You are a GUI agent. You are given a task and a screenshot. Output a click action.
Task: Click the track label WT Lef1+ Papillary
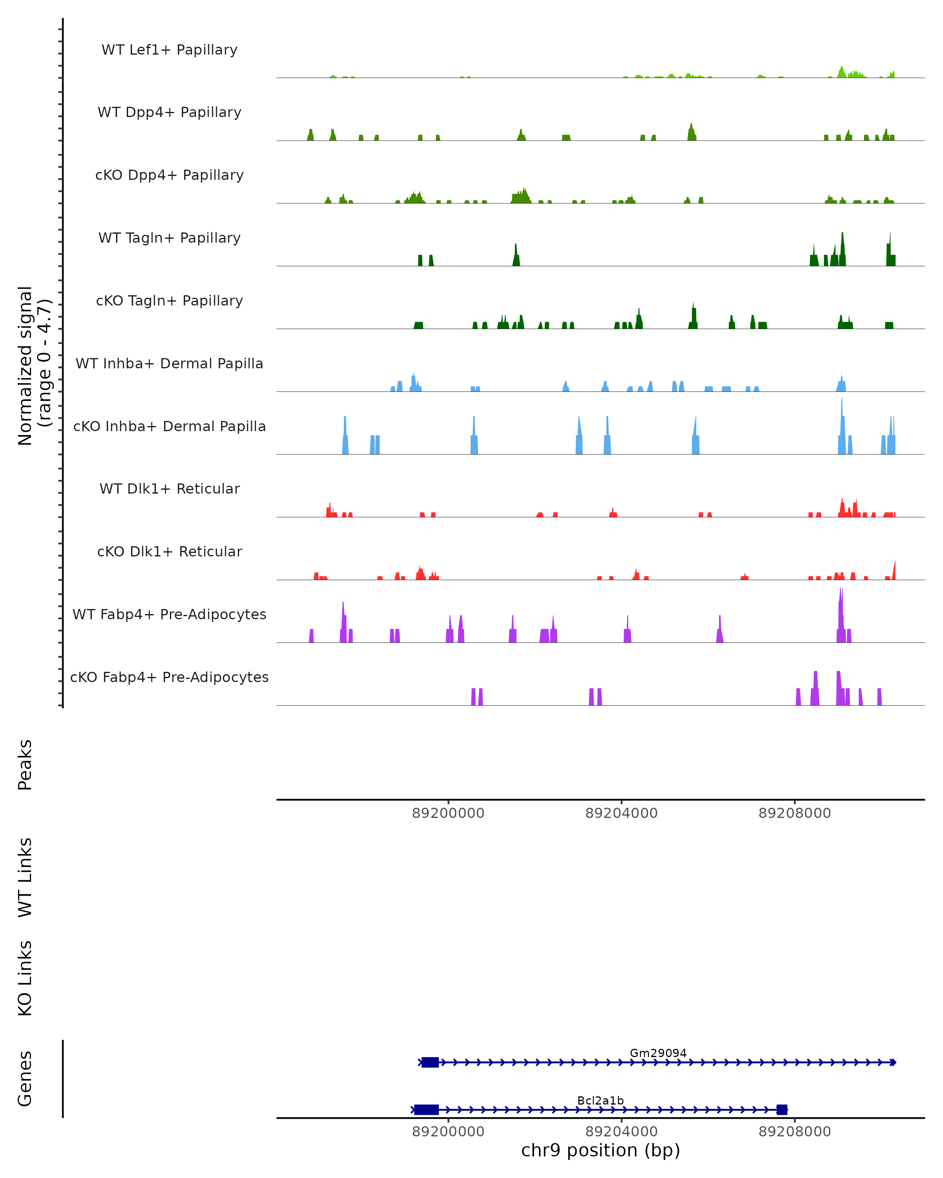tap(169, 50)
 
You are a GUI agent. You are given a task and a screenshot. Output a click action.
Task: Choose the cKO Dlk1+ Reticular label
tap(169, 551)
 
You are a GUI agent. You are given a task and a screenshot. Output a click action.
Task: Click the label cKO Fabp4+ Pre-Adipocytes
tap(169, 677)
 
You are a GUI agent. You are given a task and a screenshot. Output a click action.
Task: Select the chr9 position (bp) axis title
tap(600, 1150)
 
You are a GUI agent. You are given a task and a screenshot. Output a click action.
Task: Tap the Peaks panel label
tap(25, 765)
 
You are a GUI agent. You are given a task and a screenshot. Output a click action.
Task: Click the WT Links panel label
tap(25, 877)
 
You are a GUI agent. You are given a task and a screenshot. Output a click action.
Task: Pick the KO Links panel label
tap(25, 978)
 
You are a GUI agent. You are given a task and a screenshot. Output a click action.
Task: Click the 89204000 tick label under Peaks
tap(621, 813)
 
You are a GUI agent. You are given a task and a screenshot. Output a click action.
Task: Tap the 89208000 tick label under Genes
tap(794, 1132)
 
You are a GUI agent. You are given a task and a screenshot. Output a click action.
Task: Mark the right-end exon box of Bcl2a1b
tap(782, 1110)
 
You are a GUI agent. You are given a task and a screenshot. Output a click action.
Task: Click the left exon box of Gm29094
tap(430, 1062)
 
